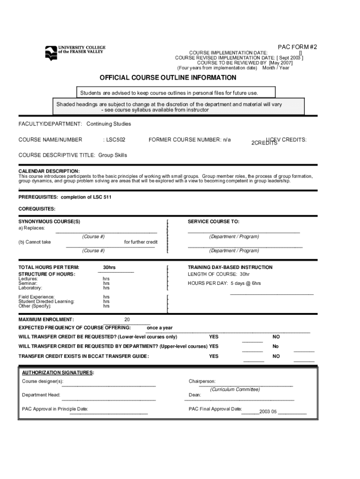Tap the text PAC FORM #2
(297, 47)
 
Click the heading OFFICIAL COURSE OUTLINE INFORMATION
(168, 78)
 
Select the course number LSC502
(115, 139)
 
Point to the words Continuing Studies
(109, 124)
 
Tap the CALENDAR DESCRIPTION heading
(49, 171)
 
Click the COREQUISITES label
(37, 209)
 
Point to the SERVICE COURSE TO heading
(213, 221)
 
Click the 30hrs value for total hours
(109, 267)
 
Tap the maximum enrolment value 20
(127, 319)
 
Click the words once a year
(159, 328)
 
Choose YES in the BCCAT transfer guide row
(214, 356)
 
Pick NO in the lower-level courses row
(276, 337)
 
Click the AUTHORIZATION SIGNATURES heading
(58, 372)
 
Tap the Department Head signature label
(41, 395)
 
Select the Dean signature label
(194, 395)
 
